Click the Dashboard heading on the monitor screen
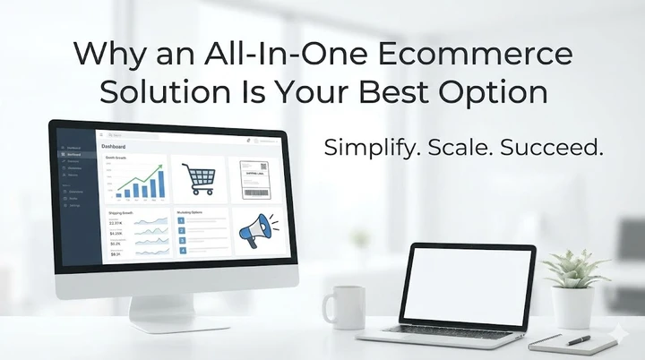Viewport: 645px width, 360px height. point(114,146)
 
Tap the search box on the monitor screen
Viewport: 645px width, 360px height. point(134,134)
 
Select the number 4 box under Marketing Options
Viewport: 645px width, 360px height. point(182,252)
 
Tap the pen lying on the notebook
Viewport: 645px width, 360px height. point(578,340)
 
